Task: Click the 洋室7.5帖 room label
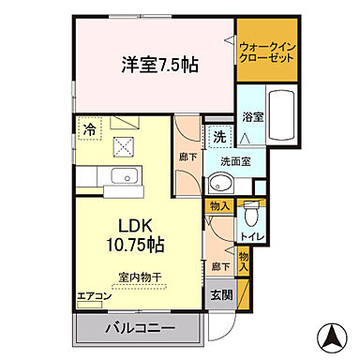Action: click(158, 66)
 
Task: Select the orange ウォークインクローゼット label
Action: click(267, 52)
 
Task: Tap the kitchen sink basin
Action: click(121, 177)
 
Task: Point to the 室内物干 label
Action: click(140, 277)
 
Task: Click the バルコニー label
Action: click(138, 330)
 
